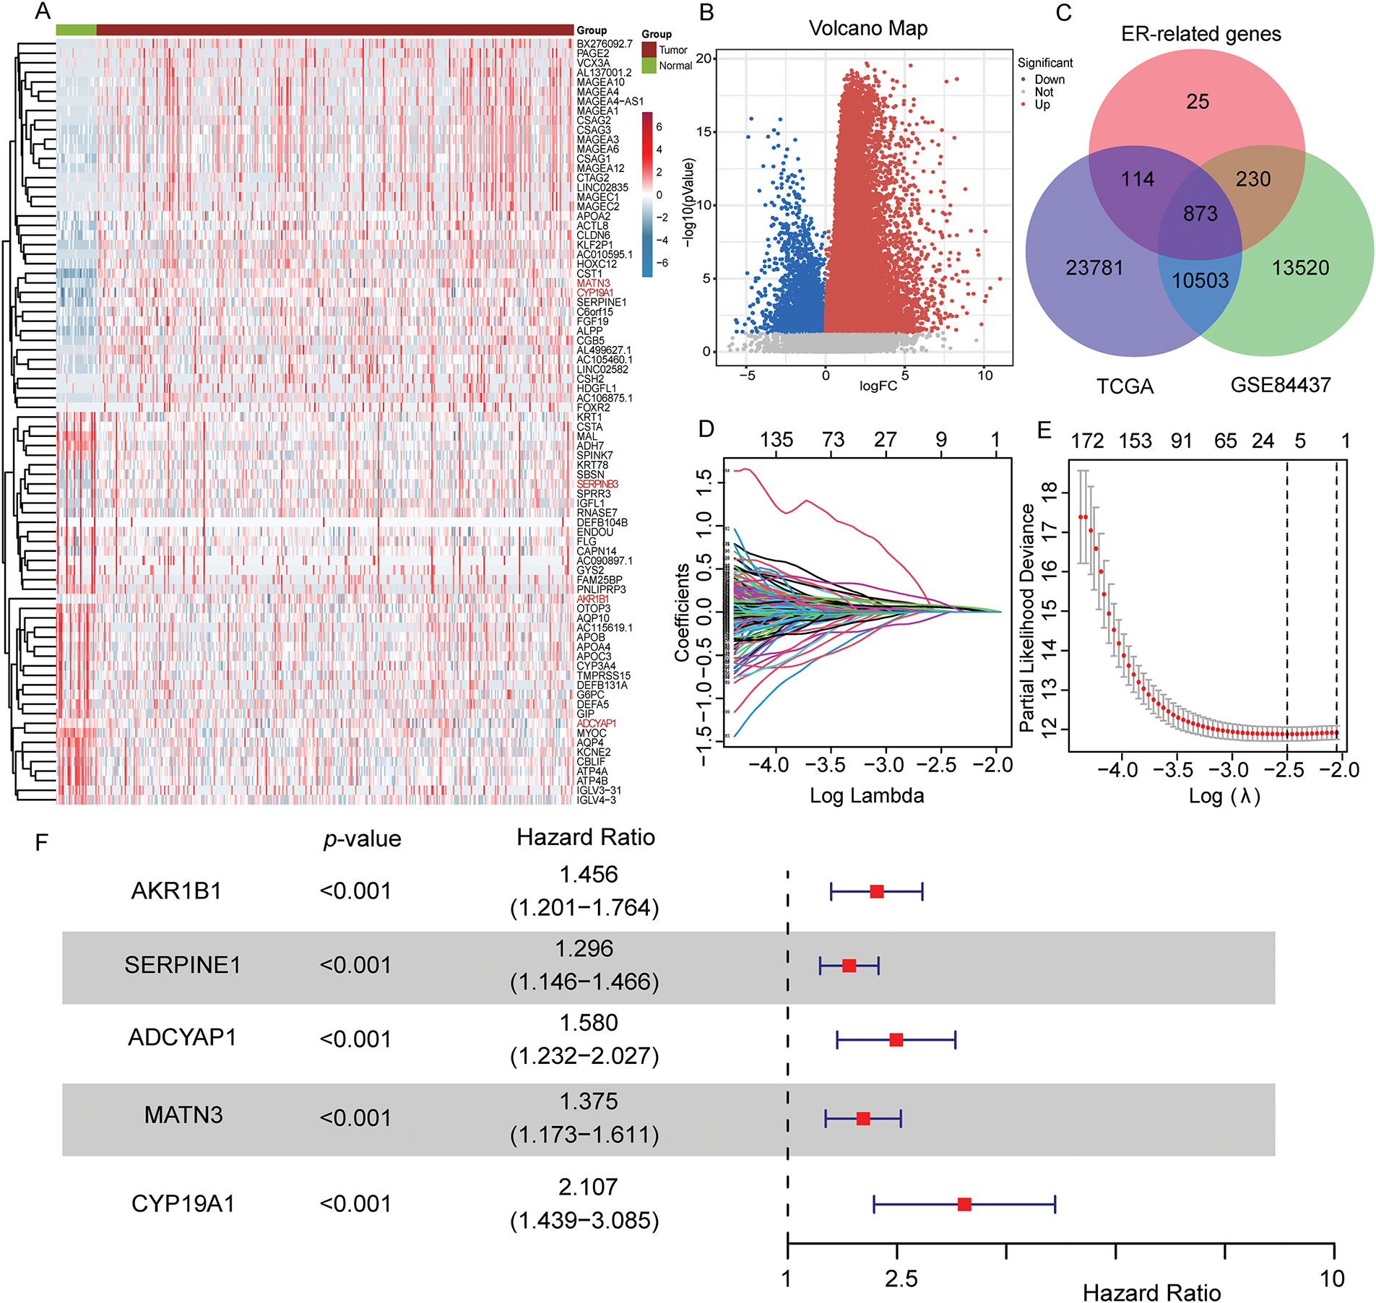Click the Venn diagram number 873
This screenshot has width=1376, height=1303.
click(1200, 214)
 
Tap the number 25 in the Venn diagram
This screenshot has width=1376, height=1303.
click(1197, 102)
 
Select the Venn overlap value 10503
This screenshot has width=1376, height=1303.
click(1200, 280)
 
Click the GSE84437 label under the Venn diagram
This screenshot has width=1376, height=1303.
click(1280, 385)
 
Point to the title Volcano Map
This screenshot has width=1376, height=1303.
click(867, 28)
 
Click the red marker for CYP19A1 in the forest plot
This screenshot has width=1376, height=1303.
click(964, 1204)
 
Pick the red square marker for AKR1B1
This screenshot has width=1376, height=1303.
click(877, 891)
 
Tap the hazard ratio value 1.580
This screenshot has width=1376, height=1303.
click(589, 1023)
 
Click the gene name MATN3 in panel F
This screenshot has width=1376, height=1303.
click(183, 1115)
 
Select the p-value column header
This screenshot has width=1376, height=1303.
click(362, 839)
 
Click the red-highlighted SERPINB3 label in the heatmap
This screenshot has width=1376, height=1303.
click(597, 484)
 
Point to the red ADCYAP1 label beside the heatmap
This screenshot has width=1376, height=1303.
click(596, 723)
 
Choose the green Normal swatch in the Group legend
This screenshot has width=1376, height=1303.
click(649, 66)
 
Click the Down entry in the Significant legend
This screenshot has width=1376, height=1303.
click(1049, 79)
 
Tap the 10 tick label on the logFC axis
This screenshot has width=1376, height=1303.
click(985, 376)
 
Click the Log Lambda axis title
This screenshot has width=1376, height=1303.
click(866, 796)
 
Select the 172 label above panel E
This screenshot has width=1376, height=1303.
click(1087, 441)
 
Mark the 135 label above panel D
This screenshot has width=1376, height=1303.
click(776, 440)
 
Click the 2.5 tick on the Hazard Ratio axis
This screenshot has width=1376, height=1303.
click(901, 1280)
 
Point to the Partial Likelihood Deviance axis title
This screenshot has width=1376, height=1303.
click(1027, 618)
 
